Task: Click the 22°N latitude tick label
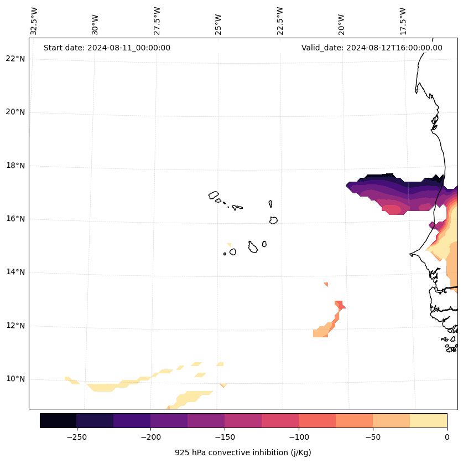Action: point(15,59)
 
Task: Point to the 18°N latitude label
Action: point(15,166)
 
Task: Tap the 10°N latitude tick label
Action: point(15,379)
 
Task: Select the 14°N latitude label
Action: point(15,272)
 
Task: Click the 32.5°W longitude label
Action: point(34,21)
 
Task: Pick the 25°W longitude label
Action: point(219,21)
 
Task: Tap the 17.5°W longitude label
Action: point(403,21)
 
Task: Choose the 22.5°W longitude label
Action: point(280,21)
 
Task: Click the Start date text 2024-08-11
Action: point(107,48)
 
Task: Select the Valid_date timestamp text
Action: point(372,48)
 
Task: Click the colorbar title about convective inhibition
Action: point(243,452)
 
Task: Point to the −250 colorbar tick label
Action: point(76,437)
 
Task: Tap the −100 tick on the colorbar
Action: point(299,437)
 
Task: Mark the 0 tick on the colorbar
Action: point(446,437)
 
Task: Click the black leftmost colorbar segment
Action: point(58,420)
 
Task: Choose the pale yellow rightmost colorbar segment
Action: point(428,420)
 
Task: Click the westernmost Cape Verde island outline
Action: point(214,195)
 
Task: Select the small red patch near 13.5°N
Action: point(326,284)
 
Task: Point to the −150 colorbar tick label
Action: point(225,437)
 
